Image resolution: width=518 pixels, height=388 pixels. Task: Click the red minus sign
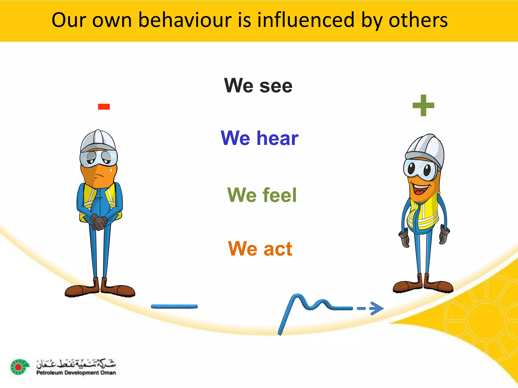(104, 107)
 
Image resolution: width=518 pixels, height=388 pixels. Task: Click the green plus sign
(423, 105)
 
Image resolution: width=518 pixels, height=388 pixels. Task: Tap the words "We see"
(258, 86)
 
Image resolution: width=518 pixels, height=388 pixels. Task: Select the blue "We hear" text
(260, 138)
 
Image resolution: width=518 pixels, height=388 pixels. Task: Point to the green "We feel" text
(262, 195)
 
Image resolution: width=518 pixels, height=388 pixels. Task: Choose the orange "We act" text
(260, 249)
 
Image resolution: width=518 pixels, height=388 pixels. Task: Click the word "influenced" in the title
(306, 20)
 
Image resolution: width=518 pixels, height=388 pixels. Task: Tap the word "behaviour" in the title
(185, 20)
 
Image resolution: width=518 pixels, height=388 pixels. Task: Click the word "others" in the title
(418, 20)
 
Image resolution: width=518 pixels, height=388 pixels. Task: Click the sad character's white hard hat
(98, 140)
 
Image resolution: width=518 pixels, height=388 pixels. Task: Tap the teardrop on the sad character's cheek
(111, 169)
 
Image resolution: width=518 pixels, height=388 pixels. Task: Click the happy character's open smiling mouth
(421, 189)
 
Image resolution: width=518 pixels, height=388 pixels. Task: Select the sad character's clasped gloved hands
(98, 222)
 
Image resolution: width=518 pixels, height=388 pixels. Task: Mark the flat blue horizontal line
(174, 306)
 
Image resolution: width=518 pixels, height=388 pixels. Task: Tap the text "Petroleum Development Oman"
(76, 373)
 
